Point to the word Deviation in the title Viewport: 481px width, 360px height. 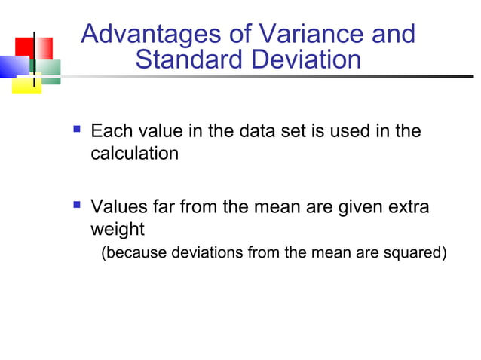point(307,59)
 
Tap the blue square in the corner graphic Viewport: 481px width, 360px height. point(13,67)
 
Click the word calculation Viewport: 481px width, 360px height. point(135,154)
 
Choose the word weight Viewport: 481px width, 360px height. point(117,227)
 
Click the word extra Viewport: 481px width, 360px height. point(409,206)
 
